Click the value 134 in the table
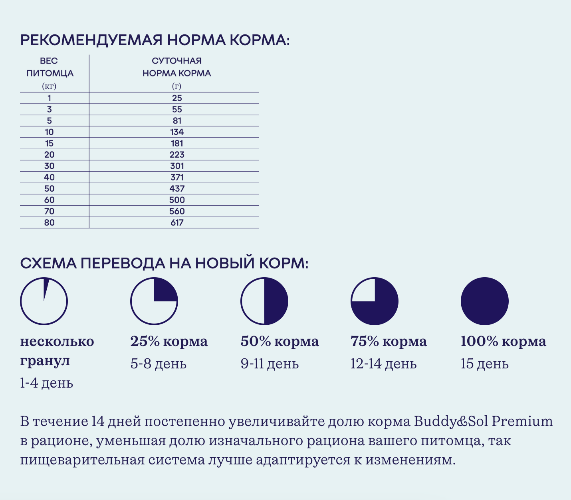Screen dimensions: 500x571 (176, 132)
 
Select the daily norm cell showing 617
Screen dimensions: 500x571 (176, 223)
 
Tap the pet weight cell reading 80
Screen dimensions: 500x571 (49, 223)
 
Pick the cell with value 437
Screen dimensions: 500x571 (176, 189)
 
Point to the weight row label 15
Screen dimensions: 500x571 (49, 144)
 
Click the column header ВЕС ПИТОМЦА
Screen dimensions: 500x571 (49, 67)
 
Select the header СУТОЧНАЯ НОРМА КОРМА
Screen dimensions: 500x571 (176, 67)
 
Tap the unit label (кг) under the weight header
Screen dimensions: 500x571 (49, 86)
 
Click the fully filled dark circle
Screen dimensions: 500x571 (484, 301)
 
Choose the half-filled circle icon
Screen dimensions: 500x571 (264, 301)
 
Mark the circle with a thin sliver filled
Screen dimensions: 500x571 (44, 301)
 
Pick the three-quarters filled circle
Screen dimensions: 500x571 (375, 301)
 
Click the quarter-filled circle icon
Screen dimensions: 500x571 (154, 301)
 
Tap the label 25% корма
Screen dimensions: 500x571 (169, 342)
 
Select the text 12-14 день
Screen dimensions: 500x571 (383, 364)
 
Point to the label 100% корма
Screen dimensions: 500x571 (503, 342)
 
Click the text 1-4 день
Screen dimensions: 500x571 (46, 383)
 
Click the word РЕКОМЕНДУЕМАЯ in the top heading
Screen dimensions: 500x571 (91, 41)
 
